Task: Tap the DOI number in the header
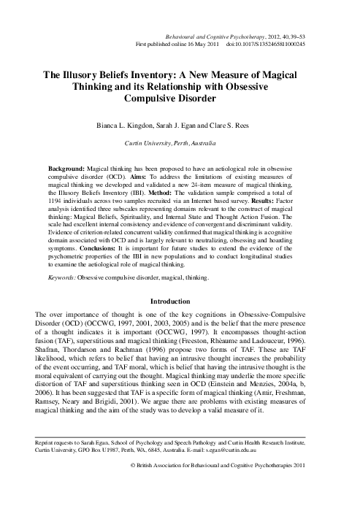[x=284, y=45]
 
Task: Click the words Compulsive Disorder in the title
[x=180, y=99]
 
